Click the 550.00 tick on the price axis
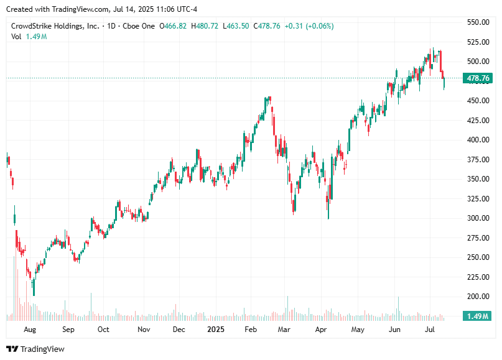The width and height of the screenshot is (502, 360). [478, 22]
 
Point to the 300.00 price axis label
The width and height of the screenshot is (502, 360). [478, 218]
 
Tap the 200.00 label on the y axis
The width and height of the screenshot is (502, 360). [478, 297]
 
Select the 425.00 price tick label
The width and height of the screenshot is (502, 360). [478, 121]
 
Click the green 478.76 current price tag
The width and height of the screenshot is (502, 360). [478, 78]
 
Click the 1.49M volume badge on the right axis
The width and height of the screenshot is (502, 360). [478, 316]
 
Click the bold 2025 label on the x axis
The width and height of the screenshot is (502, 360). [216, 330]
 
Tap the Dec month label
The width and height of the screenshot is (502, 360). [179, 330]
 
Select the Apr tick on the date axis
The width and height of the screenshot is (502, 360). [320, 330]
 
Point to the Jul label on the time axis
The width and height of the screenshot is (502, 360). [430, 330]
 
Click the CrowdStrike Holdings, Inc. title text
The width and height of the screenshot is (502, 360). [55, 26]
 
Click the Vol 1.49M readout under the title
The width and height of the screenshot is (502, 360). [29, 37]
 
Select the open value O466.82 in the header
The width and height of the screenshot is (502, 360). [174, 26]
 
